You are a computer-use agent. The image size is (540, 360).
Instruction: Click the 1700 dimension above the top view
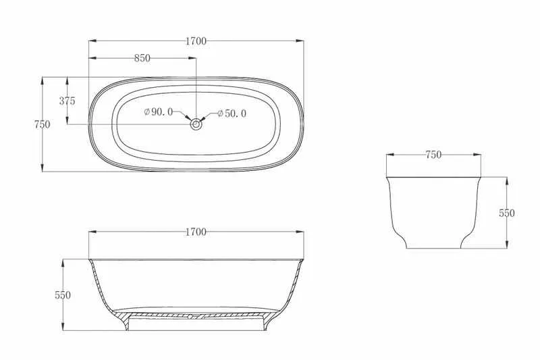click(196, 41)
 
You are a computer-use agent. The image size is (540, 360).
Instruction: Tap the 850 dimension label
click(142, 58)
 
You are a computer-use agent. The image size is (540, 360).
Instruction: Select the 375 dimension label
click(67, 101)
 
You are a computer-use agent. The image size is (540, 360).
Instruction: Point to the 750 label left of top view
click(42, 124)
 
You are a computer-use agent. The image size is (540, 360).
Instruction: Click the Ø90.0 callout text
click(159, 111)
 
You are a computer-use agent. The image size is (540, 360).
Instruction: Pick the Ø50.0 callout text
click(232, 113)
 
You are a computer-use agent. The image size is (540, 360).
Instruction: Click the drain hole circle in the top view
click(196, 124)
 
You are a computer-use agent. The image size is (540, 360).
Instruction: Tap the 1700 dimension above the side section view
click(196, 232)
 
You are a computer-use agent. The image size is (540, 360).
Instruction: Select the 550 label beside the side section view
click(63, 295)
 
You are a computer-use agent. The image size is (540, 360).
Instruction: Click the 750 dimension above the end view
click(433, 155)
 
